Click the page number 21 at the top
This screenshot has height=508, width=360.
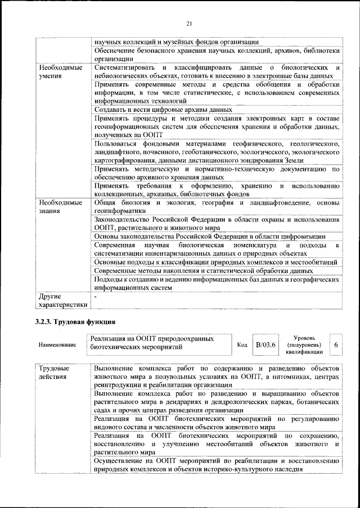pyautogui.click(x=189, y=23)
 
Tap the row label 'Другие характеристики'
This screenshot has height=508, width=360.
pyautogui.click(x=62, y=300)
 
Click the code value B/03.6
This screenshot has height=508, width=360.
pyautogui.click(x=264, y=344)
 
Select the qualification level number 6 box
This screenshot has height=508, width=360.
pyautogui.click(x=336, y=344)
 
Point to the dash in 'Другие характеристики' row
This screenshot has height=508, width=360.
pyautogui.click(x=96, y=296)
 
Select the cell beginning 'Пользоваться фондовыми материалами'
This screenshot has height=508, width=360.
pyautogui.click(x=217, y=152)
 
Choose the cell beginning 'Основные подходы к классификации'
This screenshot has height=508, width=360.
pyautogui.click(x=216, y=262)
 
